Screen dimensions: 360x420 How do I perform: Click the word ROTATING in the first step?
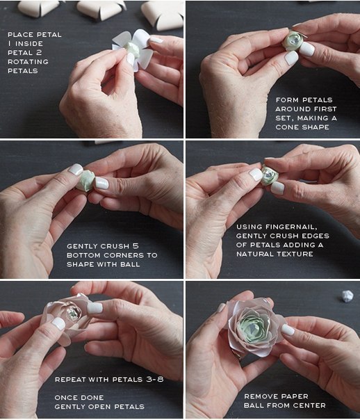[x=28, y=62]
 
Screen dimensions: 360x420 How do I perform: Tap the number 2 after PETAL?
[x=39, y=53]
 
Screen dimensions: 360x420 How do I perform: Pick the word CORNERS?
[x=124, y=255]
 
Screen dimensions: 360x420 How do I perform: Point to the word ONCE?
[x=64, y=398]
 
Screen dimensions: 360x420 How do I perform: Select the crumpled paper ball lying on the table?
[x=347, y=296]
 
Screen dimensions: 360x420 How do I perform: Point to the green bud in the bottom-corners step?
[x=85, y=180]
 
